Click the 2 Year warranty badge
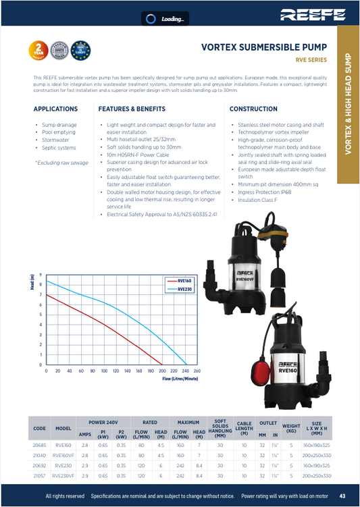pos(38,49)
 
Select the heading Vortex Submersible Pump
pos(264,48)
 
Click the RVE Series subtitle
pos(311,61)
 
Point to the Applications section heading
pos(55,109)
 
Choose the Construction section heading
pos(253,109)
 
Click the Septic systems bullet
pos(59,148)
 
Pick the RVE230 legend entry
pos(184,288)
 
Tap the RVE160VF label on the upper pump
pos(245,277)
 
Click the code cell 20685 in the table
pos(39,446)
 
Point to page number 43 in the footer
pos(342,496)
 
